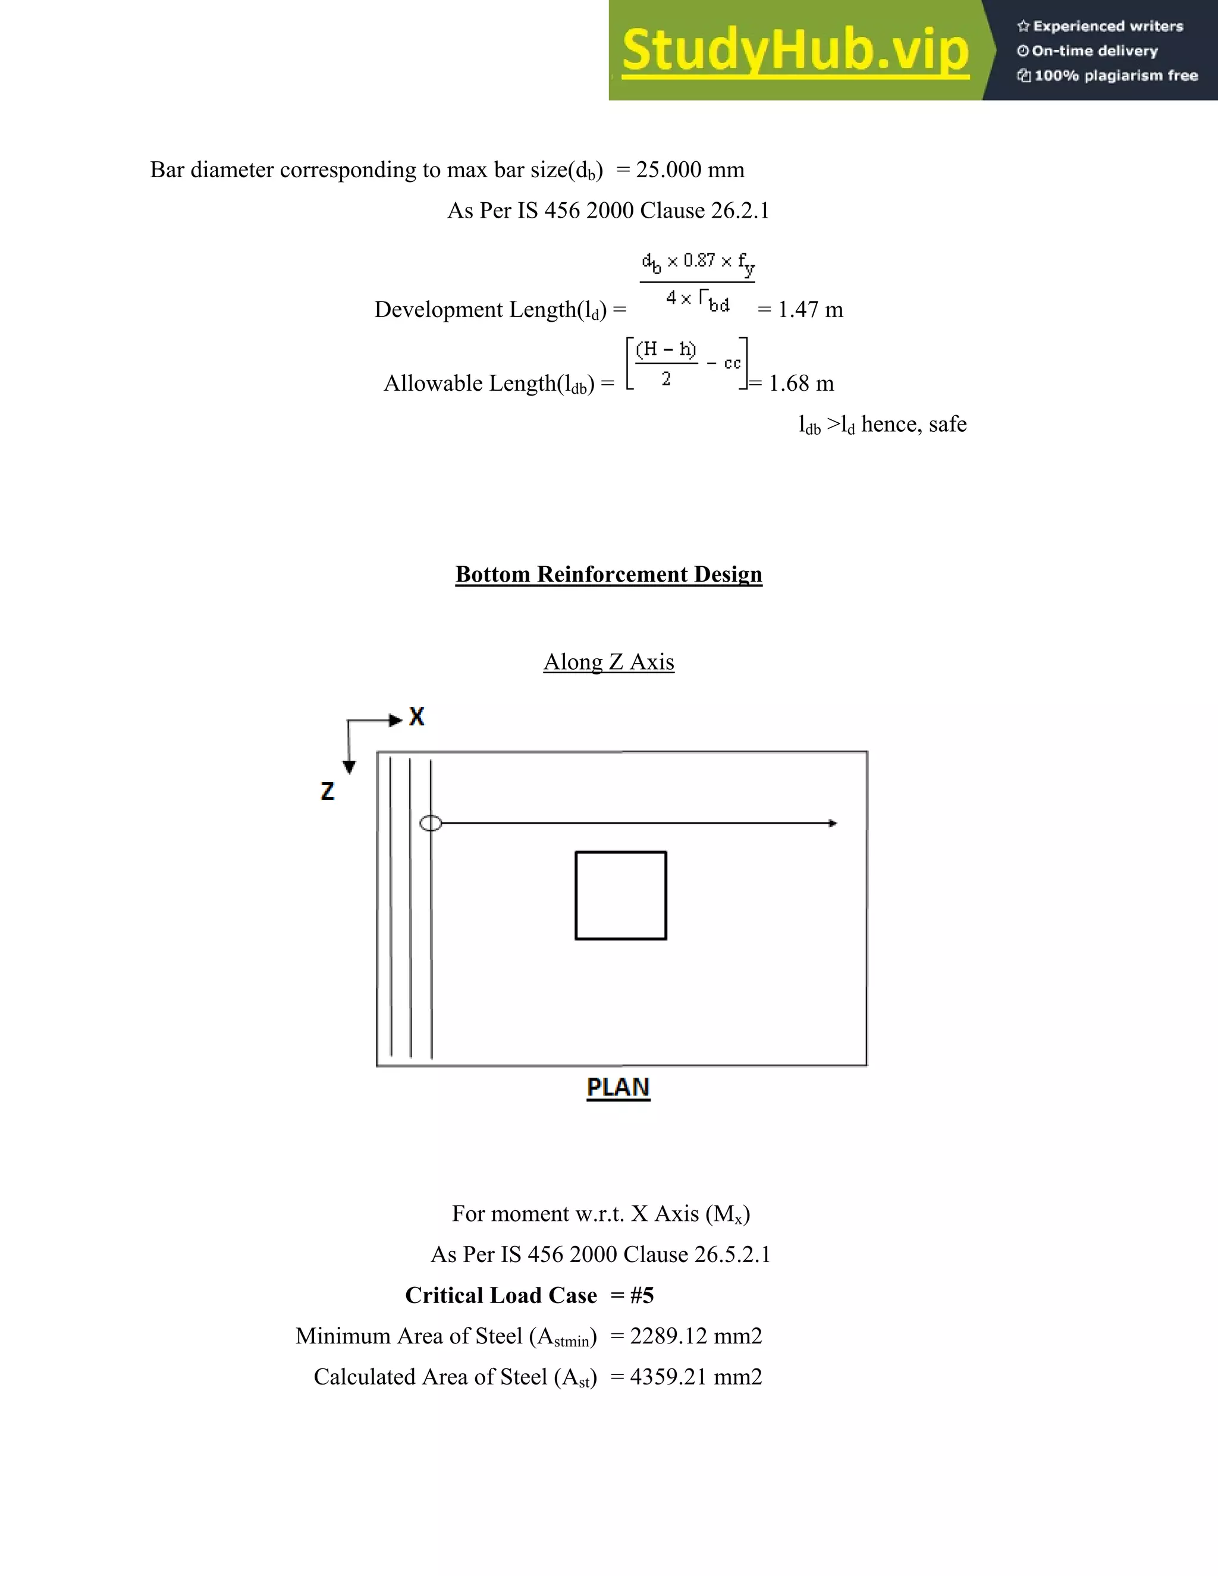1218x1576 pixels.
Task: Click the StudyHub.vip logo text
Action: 795,51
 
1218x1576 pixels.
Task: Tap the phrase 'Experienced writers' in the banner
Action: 1107,27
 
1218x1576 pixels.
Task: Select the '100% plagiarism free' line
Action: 1116,76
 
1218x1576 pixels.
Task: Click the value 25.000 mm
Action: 690,169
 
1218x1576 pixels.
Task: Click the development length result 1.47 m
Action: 809,310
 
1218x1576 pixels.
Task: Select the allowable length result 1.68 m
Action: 801,383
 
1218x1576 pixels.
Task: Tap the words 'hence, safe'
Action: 913,424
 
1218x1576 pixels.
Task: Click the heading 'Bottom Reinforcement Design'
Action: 608,574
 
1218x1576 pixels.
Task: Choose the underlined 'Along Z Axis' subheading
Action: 608,662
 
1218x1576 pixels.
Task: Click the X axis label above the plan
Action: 417,717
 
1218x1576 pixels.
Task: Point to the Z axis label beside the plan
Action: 328,791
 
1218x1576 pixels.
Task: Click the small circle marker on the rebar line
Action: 430,823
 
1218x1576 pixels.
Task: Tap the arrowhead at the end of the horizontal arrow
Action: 833,823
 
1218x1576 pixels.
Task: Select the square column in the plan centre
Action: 620,896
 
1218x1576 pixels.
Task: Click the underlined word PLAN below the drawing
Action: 619,1088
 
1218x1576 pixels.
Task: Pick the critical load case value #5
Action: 642,1296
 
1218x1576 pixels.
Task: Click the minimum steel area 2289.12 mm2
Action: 696,1336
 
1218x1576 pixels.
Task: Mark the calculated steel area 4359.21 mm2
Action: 696,1377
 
